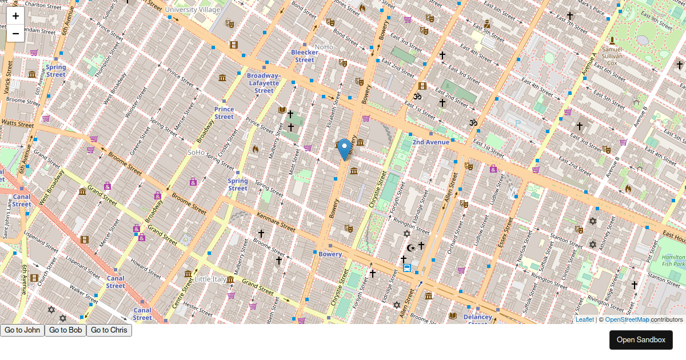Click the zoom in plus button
[x=15, y=16]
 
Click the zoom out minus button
[x=15, y=34]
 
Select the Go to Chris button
[x=109, y=330]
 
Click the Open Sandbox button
[x=641, y=340]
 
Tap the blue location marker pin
[x=344, y=149]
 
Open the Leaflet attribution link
[x=584, y=320]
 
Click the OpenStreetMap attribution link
[x=627, y=320]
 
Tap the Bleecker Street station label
[x=304, y=56]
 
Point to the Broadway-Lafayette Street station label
[x=264, y=83]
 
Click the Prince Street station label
[x=224, y=113]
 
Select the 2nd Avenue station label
[x=430, y=142]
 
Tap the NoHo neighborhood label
[x=324, y=47]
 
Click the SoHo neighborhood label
[x=197, y=153]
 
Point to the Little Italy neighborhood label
[x=210, y=279]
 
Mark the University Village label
[x=192, y=10]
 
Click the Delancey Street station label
[x=477, y=318]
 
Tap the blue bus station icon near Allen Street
[x=406, y=267]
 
